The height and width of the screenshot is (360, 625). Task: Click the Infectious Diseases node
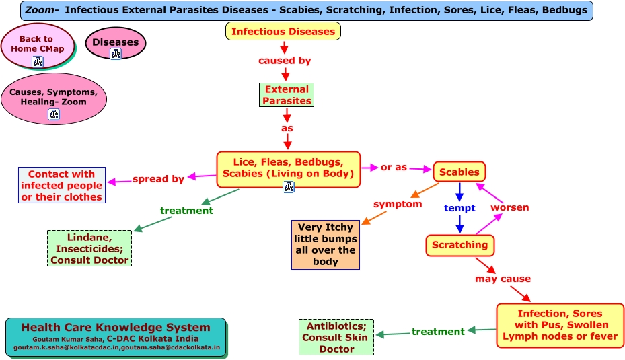tap(283, 31)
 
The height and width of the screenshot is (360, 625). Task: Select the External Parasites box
tap(287, 95)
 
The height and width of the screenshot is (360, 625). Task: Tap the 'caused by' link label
tap(285, 61)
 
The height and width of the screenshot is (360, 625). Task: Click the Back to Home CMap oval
tap(38, 46)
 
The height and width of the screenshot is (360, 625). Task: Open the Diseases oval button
tap(116, 43)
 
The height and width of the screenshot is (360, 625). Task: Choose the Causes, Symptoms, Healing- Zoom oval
tap(54, 98)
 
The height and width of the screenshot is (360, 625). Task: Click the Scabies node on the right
tap(459, 172)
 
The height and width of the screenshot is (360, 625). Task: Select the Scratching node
tap(460, 245)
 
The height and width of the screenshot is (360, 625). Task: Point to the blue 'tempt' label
tap(459, 208)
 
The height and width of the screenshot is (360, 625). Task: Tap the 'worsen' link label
tap(510, 207)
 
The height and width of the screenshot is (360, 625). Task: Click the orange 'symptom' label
tap(398, 204)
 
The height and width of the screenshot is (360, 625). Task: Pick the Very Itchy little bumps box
tap(326, 245)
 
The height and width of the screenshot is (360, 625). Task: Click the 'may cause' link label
tap(503, 279)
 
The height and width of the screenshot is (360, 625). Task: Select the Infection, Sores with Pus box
tap(560, 325)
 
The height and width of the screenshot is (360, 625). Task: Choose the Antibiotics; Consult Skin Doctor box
tap(336, 337)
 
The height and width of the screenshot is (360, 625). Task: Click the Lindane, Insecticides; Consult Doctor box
tap(89, 248)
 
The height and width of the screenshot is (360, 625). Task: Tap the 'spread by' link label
tap(158, 179)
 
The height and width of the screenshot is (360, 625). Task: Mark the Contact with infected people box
tap(62, 185)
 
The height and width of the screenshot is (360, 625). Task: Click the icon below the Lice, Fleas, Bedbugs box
tap(289, 186)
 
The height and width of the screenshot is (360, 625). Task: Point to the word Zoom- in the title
tap(42, 10)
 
